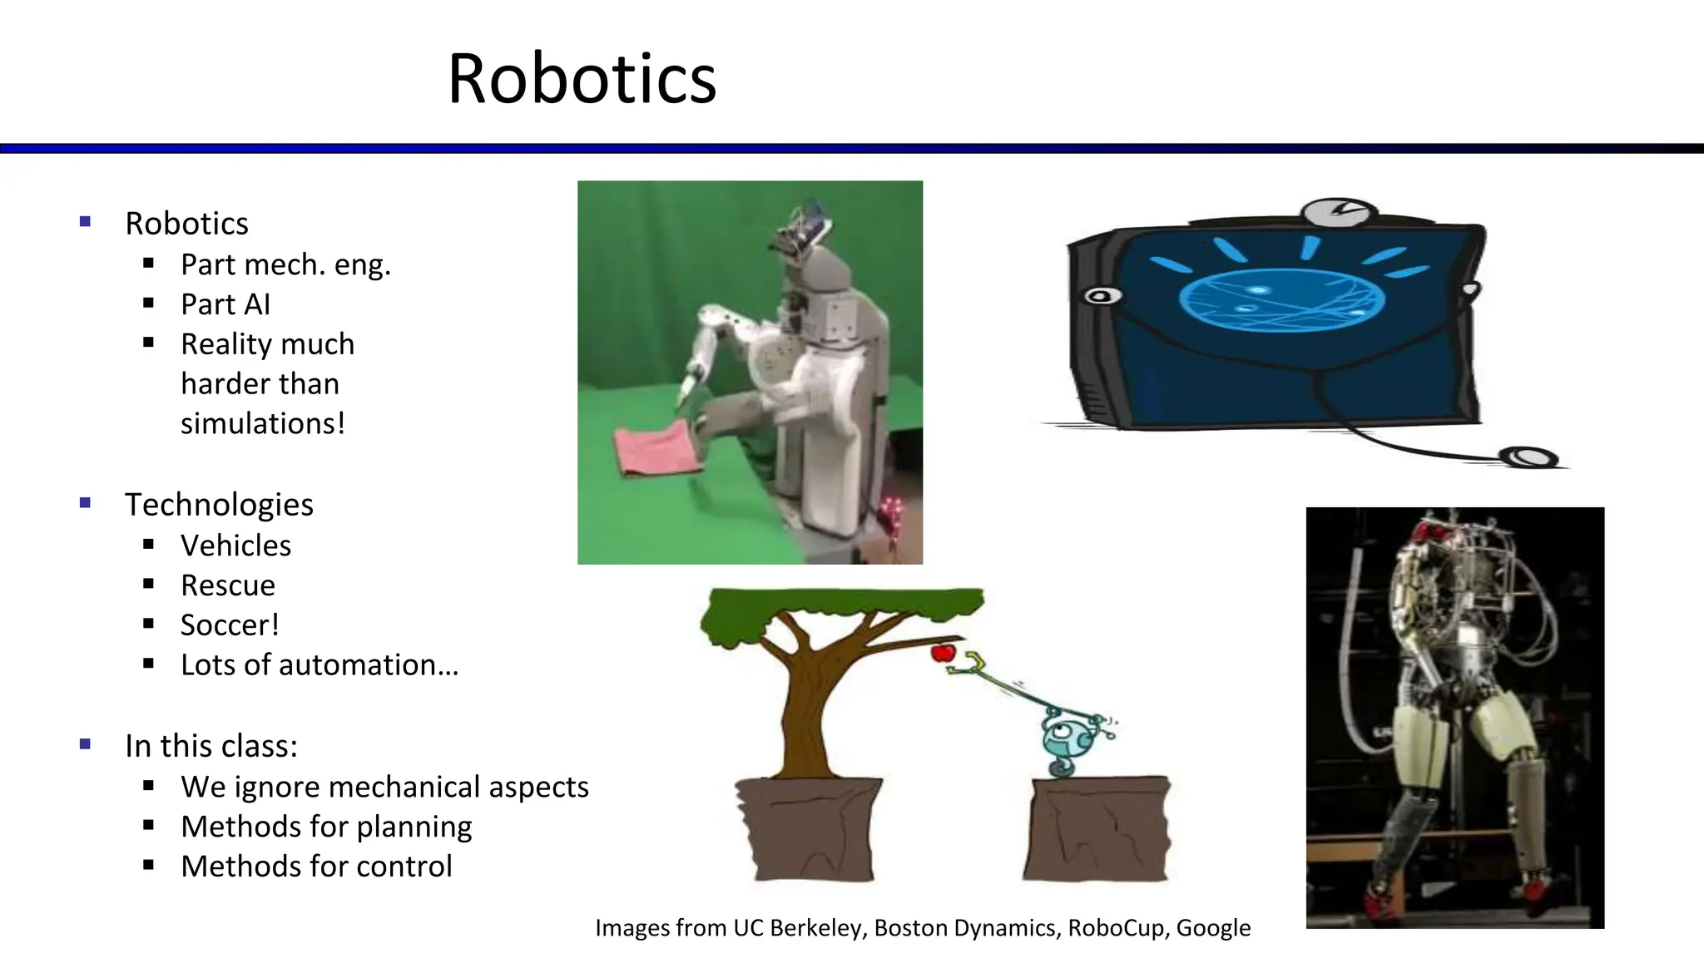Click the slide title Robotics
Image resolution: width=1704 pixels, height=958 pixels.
[x=582, y=79]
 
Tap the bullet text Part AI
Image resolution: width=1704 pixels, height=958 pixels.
[x=225, y=304]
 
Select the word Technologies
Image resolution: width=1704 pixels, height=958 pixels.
[x=219, y=505]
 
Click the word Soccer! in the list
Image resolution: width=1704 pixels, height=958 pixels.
[x=230, y=625]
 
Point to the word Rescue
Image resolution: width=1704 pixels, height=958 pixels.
[x=228, y=585]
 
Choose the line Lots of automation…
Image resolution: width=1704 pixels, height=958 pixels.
[x=319, y=665]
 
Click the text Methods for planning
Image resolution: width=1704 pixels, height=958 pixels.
[x=326, y=827]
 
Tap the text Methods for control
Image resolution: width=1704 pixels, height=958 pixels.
[x=316, y=867]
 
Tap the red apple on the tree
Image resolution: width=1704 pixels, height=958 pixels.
[x=943, y=653]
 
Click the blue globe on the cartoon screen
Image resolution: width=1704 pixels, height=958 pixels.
[x=1281, y=300]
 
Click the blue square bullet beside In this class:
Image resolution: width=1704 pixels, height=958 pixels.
[x=85, y=744]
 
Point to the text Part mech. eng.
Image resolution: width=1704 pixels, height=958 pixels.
[x=285, y=264]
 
